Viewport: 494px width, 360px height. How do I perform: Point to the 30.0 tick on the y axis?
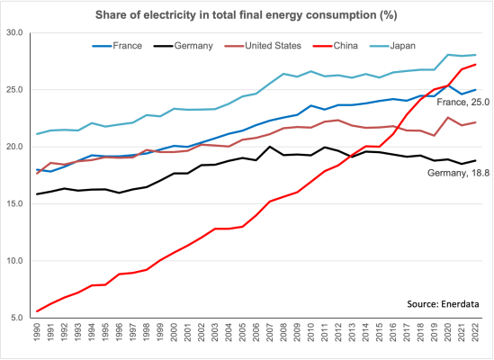click(x=17, y=32)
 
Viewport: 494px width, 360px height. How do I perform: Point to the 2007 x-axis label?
click(x=269, y=335)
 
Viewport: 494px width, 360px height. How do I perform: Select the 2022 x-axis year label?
click(x=475, y=335)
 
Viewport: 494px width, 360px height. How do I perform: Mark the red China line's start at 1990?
click(x=38, y=310)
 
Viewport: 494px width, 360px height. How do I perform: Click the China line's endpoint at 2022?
click(x=475, y=64)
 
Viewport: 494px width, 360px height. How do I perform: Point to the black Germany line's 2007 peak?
click(x=269, y=147)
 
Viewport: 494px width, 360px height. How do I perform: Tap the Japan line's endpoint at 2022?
click(x=475, y=55)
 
